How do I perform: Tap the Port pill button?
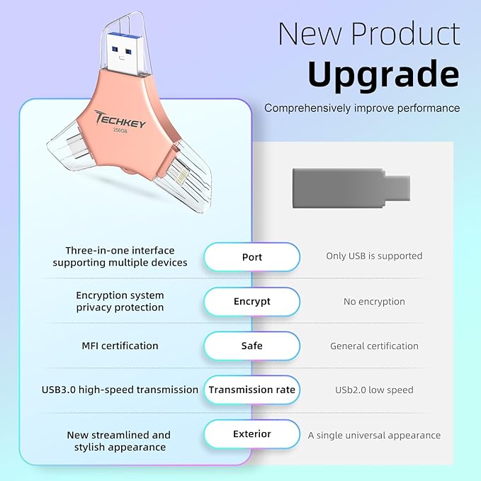(x=251, y=256)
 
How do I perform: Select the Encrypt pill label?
(x=251, y=301)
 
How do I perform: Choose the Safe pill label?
(x=251, y=346)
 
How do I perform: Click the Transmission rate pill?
(x=251, y=390)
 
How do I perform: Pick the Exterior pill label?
(x=251, y=434)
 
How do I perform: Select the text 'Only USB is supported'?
(x=374, y=256)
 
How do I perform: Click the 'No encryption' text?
(x=374, y=301)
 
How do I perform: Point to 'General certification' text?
(x=374, y=346)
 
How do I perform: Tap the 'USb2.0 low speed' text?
(x=374, y=390)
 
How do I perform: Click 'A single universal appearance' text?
(x=374, y=435)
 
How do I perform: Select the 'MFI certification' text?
(x=120, y=346)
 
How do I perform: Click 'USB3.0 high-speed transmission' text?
(x=120, y=390)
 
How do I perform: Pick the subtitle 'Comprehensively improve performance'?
(x=362, y=108)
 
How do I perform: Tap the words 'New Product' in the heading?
(x=368, y=33)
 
